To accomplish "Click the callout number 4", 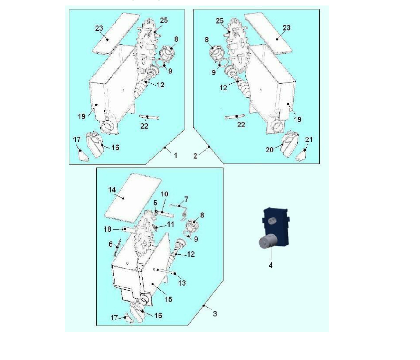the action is coord(270,265).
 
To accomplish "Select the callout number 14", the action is coord(112,190).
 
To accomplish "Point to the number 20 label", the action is coord(270,150).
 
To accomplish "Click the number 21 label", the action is coord(309,140).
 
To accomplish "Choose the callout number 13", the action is coord(182,283).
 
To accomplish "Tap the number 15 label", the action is coord(169,299).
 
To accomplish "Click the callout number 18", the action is coord(107,229).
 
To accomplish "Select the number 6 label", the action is coord(111,244).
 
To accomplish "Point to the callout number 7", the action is coord(186,199).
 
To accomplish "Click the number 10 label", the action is coord(165,194).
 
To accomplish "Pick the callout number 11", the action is coord(171,224).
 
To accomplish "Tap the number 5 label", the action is coord(155,203).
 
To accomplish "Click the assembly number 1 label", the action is coord(176,156).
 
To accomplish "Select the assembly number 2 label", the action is coord(195,156).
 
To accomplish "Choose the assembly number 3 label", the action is coord(215,314).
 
